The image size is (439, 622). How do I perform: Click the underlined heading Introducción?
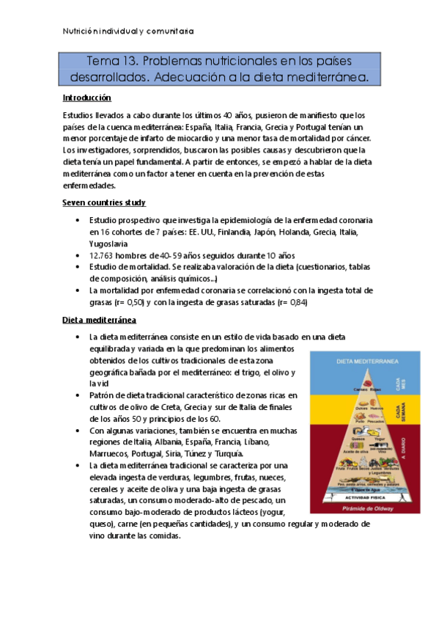point(87,98)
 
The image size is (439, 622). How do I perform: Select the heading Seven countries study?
point(103,202)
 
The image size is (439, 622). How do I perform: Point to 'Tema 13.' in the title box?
point(111,59)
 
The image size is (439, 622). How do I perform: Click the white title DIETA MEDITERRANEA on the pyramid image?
point(366,362)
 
